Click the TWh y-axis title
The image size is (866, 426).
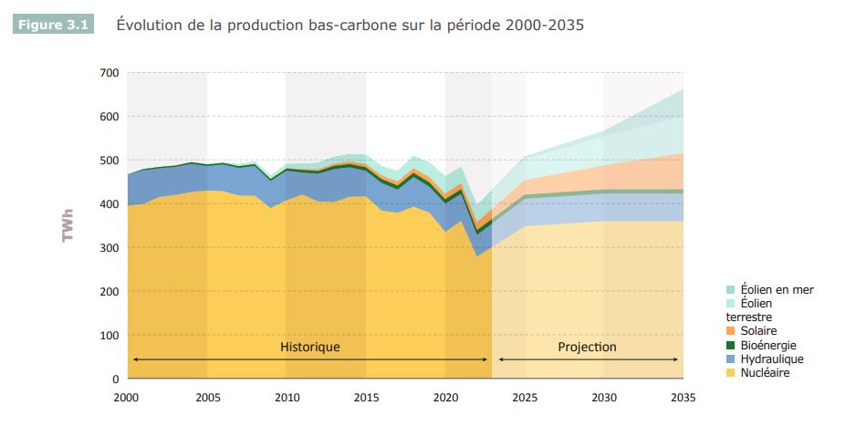[68, 226]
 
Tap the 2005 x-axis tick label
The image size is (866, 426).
[207, 397]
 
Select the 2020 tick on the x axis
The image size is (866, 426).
[445, 397]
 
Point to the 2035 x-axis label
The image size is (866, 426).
[683, 397]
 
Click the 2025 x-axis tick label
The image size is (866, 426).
[525, 397]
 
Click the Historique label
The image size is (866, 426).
[309, 348]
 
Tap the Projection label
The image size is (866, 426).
[587, 348]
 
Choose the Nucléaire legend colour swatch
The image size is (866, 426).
[732, 373]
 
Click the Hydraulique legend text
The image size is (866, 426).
[772, 359]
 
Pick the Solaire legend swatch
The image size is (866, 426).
[732, 331]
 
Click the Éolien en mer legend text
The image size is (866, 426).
[777, 290]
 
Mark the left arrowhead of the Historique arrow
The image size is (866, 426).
[135, 359]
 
